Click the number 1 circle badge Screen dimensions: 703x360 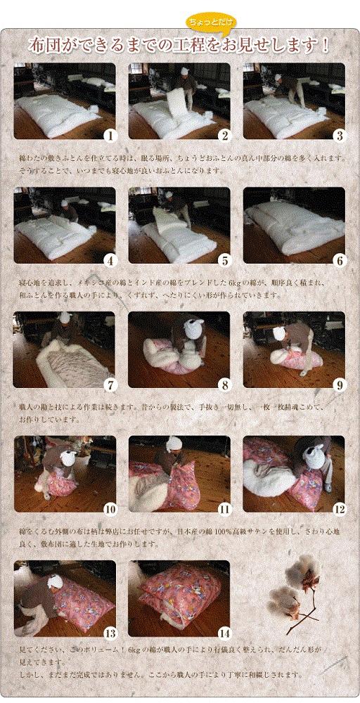coord(109,136)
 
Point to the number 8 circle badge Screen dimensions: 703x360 coord(224,384)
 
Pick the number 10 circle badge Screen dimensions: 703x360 coord(109,508)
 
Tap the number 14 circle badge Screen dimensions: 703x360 coord(224,633)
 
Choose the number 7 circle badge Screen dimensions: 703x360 coord(109,384)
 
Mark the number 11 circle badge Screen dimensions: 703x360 coord(224,508)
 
